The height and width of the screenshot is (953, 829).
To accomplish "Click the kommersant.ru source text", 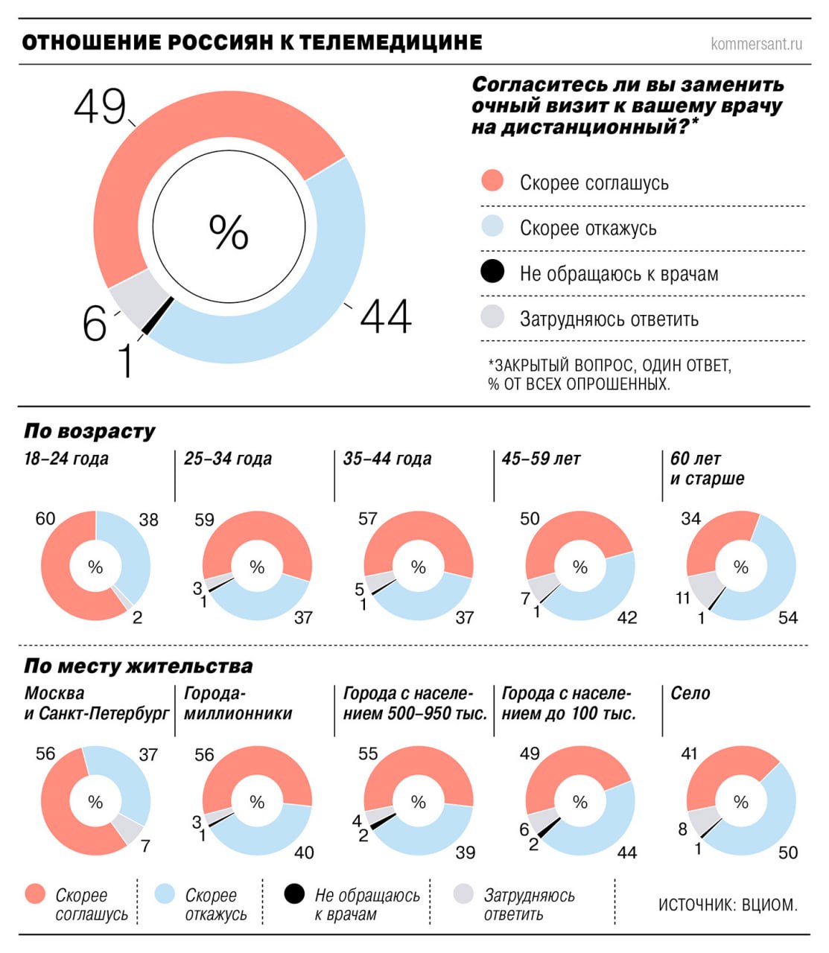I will tap(756, 44).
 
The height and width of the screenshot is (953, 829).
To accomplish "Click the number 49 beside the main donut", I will tap(100, 106).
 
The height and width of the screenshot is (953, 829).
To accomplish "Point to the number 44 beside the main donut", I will tap(385, 316).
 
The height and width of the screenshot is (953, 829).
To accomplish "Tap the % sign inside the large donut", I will tap(229, 232).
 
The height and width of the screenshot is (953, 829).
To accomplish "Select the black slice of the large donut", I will tap(157, 316).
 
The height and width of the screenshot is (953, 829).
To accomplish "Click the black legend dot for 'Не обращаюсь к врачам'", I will tap(492, 272).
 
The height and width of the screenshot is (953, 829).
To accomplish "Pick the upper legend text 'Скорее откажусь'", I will tap(588, 229).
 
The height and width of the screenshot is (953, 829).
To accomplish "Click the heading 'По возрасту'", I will tap(89, 431).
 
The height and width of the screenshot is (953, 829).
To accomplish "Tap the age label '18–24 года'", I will tap(66, 459).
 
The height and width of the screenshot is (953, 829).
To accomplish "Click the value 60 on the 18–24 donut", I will tap(45, 519).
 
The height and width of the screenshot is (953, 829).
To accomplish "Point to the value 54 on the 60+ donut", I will tap(787, 617).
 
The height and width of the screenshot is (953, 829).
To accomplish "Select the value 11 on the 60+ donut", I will tap(683, 598).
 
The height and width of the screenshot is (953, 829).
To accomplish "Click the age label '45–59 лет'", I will tap(541, 459).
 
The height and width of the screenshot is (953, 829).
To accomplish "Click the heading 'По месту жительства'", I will tap(138, 666).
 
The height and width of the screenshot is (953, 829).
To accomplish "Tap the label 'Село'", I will tap(690, 693).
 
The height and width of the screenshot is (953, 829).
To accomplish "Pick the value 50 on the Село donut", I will tap(787, 852).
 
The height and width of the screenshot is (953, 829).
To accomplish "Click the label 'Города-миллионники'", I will tap(238, 704).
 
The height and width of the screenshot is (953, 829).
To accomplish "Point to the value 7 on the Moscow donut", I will tap(145, 846).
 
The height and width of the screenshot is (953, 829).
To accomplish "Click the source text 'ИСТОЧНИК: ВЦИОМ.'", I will tap(728, 905).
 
